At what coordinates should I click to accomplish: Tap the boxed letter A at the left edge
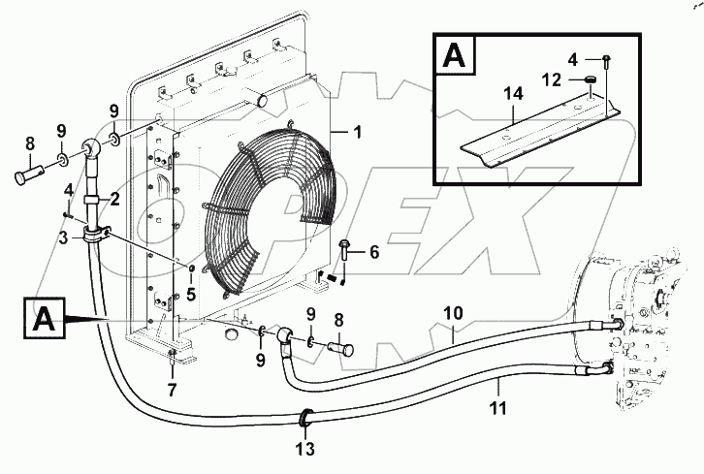[x=43, y=317]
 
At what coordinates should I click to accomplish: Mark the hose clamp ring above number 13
[x=307, y=417]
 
